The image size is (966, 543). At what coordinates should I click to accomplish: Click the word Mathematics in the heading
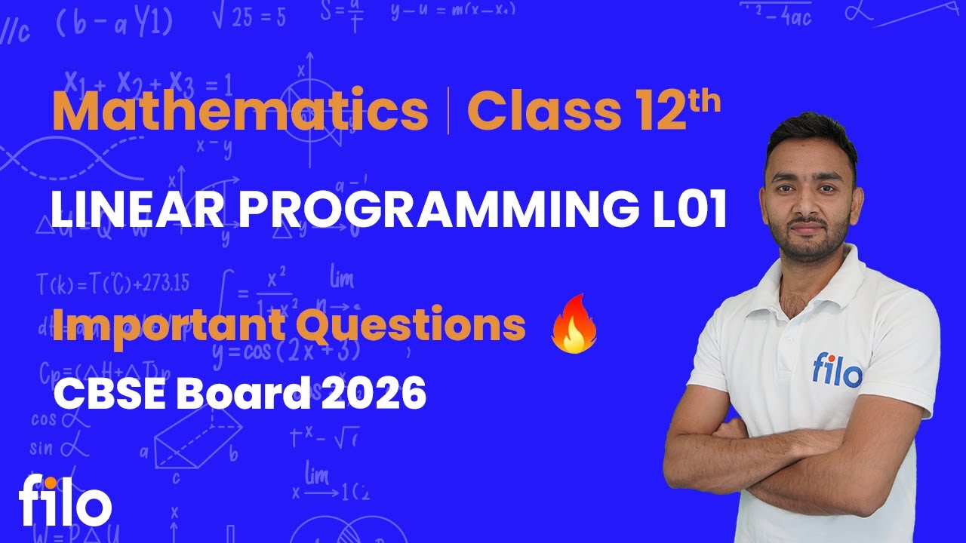(240, 111)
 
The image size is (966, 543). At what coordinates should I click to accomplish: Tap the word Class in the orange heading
(539, 111)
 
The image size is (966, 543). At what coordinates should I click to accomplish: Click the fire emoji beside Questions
(574, 324)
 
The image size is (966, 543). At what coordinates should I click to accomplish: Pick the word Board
(242, 393)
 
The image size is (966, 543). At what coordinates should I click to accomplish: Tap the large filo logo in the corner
(65, 499)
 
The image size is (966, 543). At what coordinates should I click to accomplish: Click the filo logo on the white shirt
(836, 370)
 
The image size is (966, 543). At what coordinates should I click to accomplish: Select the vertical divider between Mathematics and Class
(448, 111)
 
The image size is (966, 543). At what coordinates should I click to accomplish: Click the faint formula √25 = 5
(249, 17)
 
